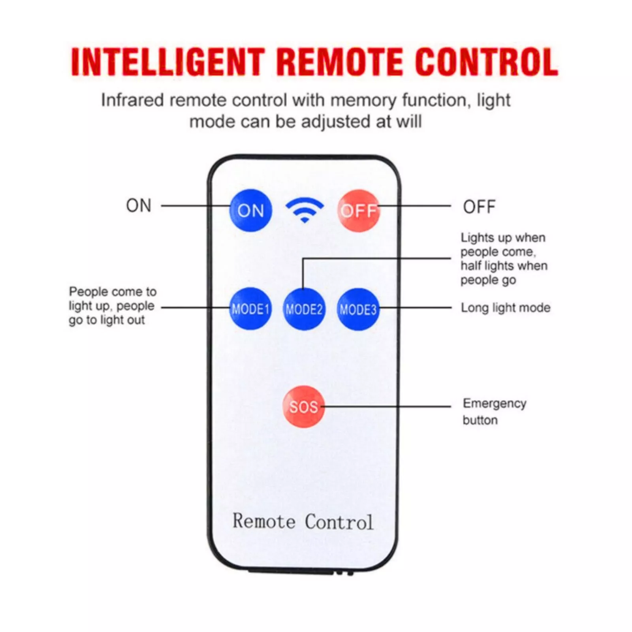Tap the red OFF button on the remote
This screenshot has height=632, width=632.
tap(359, 211)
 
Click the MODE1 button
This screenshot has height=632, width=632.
tap(250, 308)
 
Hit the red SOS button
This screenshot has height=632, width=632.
tap(303, 406)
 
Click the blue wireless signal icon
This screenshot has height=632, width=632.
tap(304, 209)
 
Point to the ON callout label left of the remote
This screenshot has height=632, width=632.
tap(139, 206)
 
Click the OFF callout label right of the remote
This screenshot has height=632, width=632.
tap(479, 207)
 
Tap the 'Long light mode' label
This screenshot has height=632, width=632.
tap(505, 308)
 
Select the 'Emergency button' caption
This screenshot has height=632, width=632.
tap(494, 411)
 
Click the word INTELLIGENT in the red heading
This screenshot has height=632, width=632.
tap(167, 62)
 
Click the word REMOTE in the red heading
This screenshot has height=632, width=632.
tap(340, 62)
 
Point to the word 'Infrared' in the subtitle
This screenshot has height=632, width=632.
tap(132, 100)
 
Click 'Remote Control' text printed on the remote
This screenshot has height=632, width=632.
tap(303, 521)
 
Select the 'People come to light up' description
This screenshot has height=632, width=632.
tap(112, 306)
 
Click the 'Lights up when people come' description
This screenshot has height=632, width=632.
tap(504, 259)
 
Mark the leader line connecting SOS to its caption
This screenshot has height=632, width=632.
tap(387, 406)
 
